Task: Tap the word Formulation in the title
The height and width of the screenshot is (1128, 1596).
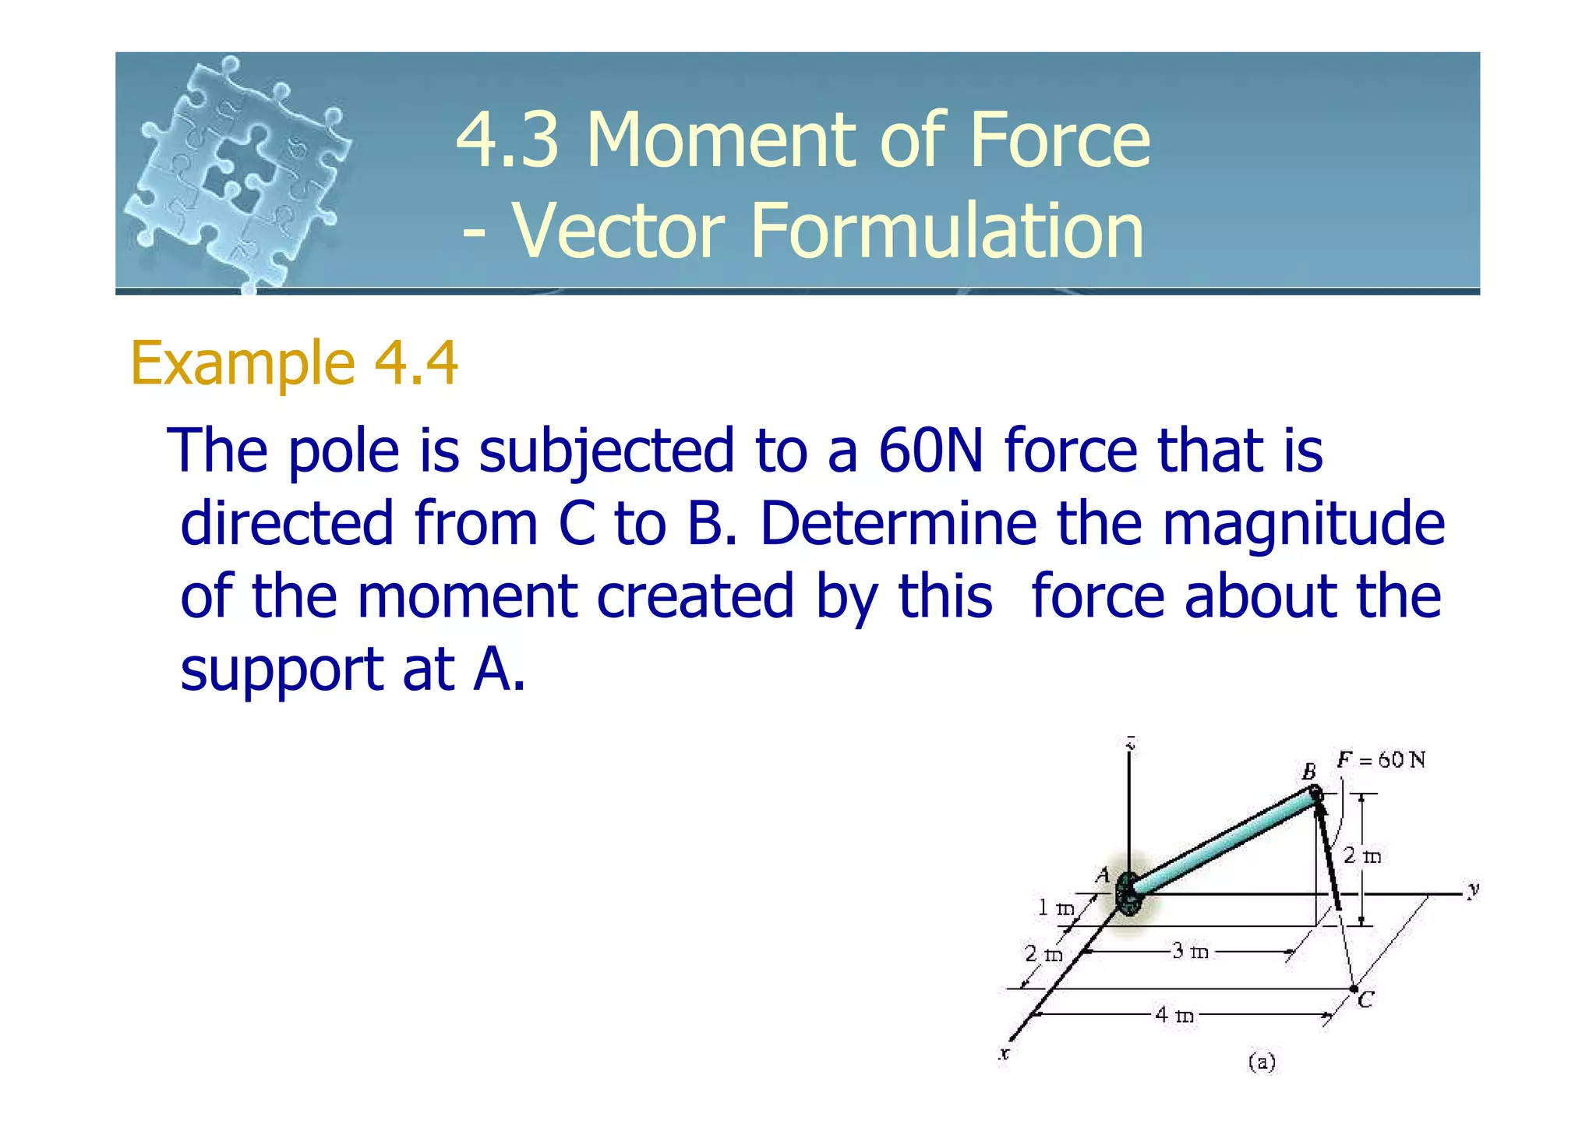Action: [x=946, y=231]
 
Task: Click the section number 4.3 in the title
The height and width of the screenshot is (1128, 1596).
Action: [x=508, y=140]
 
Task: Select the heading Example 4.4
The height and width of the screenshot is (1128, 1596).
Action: [x=294, y=363]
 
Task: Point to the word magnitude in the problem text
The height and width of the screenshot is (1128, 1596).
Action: [x=1303, y=523]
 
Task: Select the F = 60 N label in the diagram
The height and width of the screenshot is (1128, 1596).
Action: [x=1381, y=760]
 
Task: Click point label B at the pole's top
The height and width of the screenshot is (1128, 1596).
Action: [x=1309, y=772]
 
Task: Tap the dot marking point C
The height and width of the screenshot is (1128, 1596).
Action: [x=1354, y=988]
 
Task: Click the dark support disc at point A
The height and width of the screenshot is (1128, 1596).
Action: [x=1128, y=894]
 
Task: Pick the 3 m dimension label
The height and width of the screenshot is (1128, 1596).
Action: [x=1190, y=951]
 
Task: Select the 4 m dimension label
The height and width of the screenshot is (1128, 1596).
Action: [x=1174, y=1015]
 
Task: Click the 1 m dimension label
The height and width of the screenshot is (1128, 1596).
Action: [x=1055, y=907]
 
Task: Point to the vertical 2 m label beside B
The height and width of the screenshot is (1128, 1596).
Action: [x=1362, y=856]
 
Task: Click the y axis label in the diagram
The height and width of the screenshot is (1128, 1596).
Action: [x=1472, y=889]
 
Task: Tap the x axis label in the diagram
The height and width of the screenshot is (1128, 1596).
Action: [x=1005, y=1054]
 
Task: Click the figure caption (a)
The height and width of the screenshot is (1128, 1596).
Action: [x=1262, y=1062]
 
